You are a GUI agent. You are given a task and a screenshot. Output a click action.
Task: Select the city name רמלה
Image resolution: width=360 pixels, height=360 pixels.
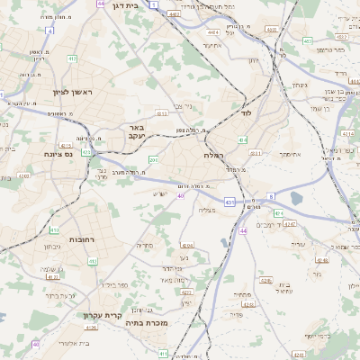coord(212,155)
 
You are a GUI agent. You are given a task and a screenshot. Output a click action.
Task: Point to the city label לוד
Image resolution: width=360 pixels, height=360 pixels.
coord(246,114)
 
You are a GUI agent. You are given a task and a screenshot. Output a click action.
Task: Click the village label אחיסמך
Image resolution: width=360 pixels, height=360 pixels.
coord(290,154)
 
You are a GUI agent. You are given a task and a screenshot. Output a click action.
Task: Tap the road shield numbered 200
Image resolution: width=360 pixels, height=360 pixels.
coord(154,159)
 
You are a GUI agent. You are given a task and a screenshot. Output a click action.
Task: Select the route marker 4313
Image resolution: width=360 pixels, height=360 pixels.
coord(161,114)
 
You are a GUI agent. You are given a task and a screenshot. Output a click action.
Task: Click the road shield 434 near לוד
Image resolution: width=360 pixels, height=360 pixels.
coord(242,139)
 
